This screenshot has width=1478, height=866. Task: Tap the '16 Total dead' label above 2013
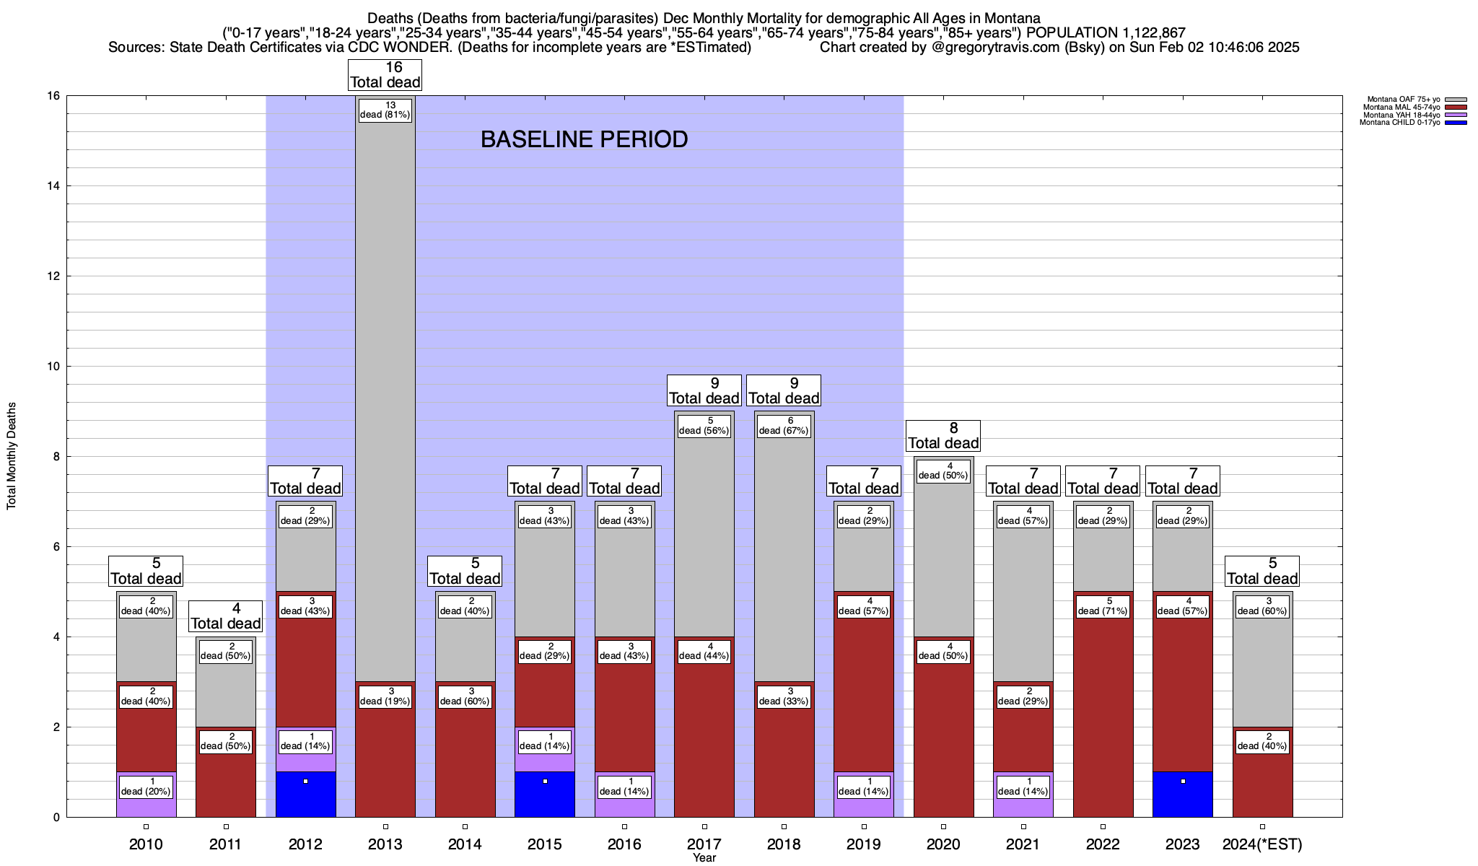click(385, 75)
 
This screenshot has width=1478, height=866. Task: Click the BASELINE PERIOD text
click(584, 139)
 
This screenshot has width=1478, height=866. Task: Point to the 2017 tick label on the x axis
click(704, 844)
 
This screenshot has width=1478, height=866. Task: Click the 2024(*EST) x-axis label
click(1262, 844)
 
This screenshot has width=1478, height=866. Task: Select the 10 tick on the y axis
click(53, 367)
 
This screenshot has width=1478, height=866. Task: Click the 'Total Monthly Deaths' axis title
click(12, 456)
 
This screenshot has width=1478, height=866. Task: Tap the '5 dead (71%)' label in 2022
click(1103, 606)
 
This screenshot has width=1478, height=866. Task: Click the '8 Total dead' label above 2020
click(943, 436)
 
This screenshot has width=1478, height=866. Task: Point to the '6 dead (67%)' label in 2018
click(784, 426)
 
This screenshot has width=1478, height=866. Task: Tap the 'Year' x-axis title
click(704, 858)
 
